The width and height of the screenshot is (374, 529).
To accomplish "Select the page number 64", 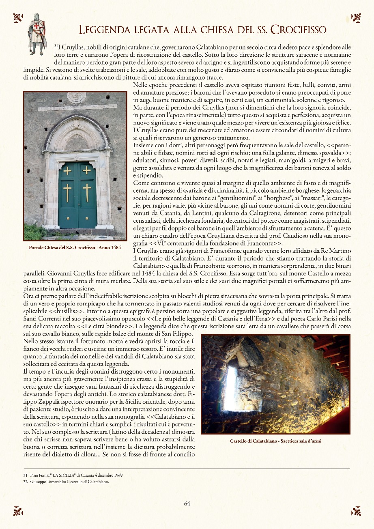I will [187, 503].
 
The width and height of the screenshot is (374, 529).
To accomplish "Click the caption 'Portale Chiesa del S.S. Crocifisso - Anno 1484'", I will [75, 247].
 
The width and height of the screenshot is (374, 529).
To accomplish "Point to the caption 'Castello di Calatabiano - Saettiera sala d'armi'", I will [275, 441].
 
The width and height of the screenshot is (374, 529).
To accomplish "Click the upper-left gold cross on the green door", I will [67, 170].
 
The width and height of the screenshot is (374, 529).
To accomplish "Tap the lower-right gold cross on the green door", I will [87, 192].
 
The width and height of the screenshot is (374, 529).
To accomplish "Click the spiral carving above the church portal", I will [77, 97].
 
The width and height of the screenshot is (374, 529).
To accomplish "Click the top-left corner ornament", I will [17, 17].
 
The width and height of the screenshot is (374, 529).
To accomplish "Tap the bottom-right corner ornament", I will [356, 511].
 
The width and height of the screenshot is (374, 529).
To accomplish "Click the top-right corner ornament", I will [356, 17].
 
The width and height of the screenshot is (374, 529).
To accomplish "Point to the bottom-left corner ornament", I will [17, 511].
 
